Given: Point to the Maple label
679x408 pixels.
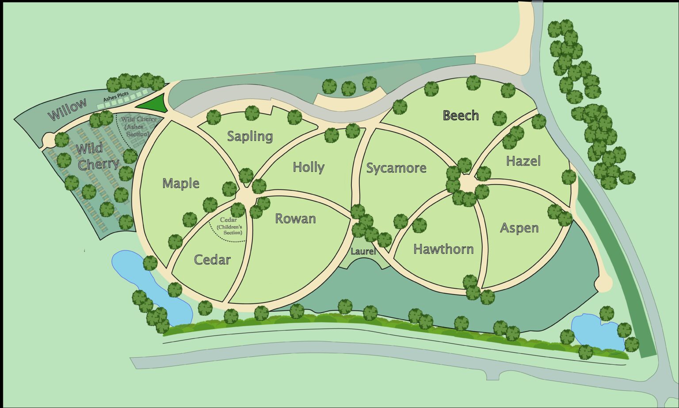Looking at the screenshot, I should [x=181, y=183].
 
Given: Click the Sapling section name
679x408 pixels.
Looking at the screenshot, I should [x=250, y=136].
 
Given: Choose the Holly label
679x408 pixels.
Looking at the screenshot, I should [x=309, y=167].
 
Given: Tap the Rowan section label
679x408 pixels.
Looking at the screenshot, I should [x=295, y=219].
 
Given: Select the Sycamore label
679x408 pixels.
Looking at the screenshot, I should [x=396, y=168].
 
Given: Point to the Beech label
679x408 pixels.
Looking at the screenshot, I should [x=461, y=116].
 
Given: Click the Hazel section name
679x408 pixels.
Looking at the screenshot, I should [x=523, y=161].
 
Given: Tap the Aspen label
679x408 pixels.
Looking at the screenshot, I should [x=519, y=228].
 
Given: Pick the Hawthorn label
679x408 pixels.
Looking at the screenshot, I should [x=443, y=249].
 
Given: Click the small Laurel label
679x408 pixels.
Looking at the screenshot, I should [x=363, y=252].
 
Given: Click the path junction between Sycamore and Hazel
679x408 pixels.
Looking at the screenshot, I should [x=468, y=182].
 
